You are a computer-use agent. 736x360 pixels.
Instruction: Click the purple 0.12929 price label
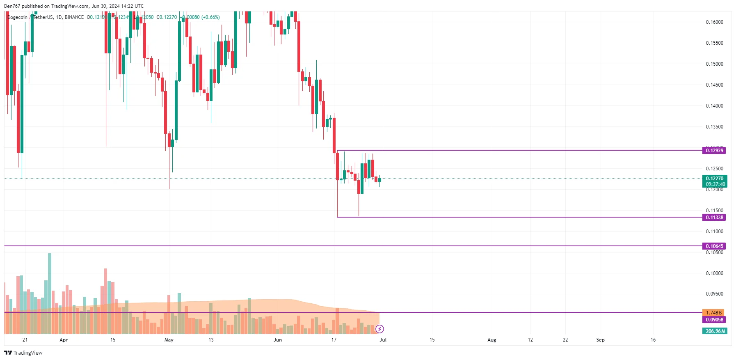(714, 151)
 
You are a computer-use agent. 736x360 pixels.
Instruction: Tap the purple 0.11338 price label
(714, 218)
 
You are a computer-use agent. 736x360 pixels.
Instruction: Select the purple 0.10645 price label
(714, 246)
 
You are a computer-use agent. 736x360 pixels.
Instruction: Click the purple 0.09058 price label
(714, 320)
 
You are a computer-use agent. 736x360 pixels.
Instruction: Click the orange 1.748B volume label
(713, 313)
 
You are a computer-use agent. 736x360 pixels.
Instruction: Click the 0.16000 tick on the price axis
(714, 22)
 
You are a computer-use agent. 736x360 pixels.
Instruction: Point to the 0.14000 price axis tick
(714, 106)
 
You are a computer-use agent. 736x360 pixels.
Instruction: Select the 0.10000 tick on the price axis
(714, 273)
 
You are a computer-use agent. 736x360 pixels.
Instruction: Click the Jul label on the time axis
(383, 340)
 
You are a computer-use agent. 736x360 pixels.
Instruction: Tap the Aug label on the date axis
(491, 340)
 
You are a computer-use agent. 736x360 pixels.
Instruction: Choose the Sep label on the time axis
(600, 340)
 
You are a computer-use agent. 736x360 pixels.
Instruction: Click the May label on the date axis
(169, 340)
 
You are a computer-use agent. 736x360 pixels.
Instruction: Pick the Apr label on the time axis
(64, 340)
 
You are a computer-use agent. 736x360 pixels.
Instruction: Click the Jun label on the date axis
(278, 340)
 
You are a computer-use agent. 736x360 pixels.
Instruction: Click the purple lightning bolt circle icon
(380, 329)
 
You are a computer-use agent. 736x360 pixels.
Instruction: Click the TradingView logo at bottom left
(23, 353)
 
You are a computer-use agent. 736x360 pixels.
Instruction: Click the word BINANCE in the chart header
(74, 17)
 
